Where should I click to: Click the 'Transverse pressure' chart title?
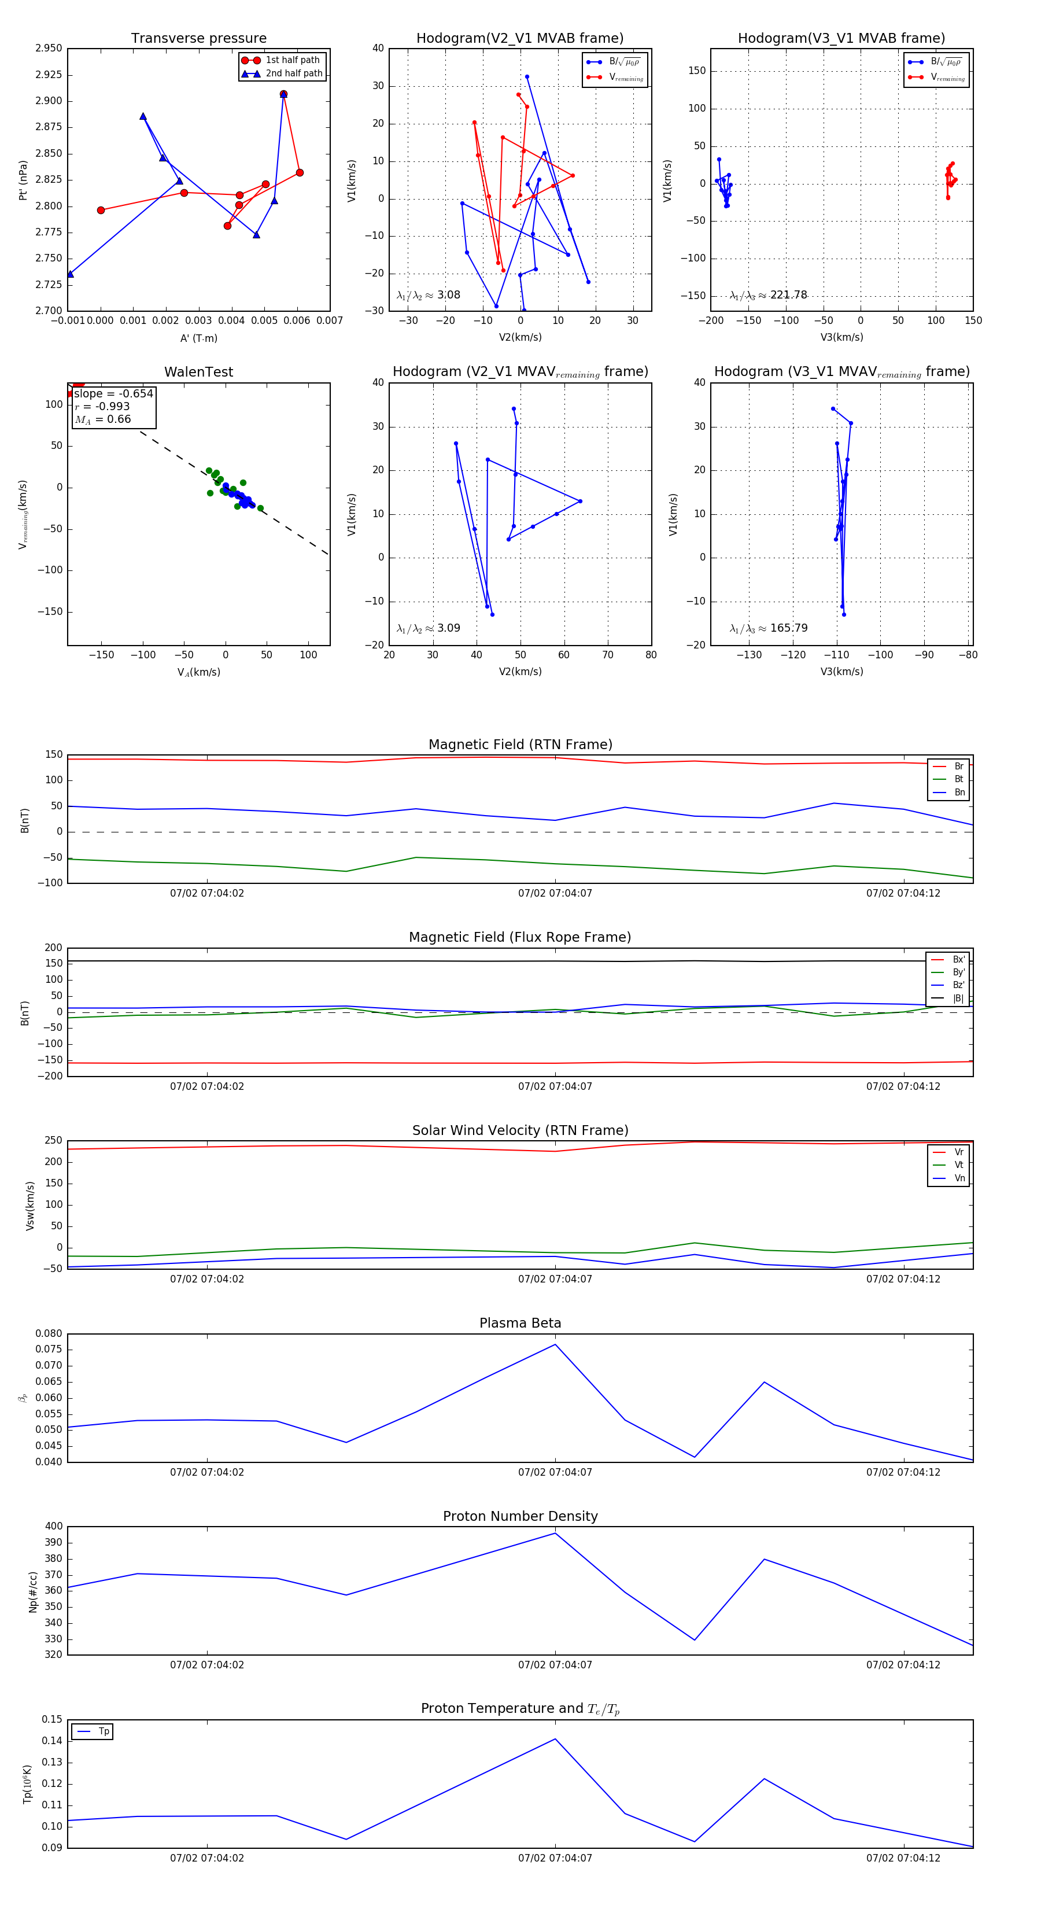click(x=198, y=39)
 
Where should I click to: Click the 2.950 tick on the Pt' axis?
click(x=49, y=48)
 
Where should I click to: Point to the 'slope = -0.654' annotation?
click(x=113, y=393)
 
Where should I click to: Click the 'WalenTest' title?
click(x=198, y=372)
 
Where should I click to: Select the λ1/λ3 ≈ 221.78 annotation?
click(x=769, y=295)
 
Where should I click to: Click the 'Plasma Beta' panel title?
click(x=520, y=1323)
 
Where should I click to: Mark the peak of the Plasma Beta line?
click(x=555, y=1344)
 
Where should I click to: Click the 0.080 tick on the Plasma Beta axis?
click(x=49, y=1333)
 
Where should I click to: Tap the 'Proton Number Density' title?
click(x=520, y=1516)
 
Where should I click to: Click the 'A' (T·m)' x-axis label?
click(x=198, y=338)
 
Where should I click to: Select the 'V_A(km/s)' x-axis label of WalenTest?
click(x=198, y=672)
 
